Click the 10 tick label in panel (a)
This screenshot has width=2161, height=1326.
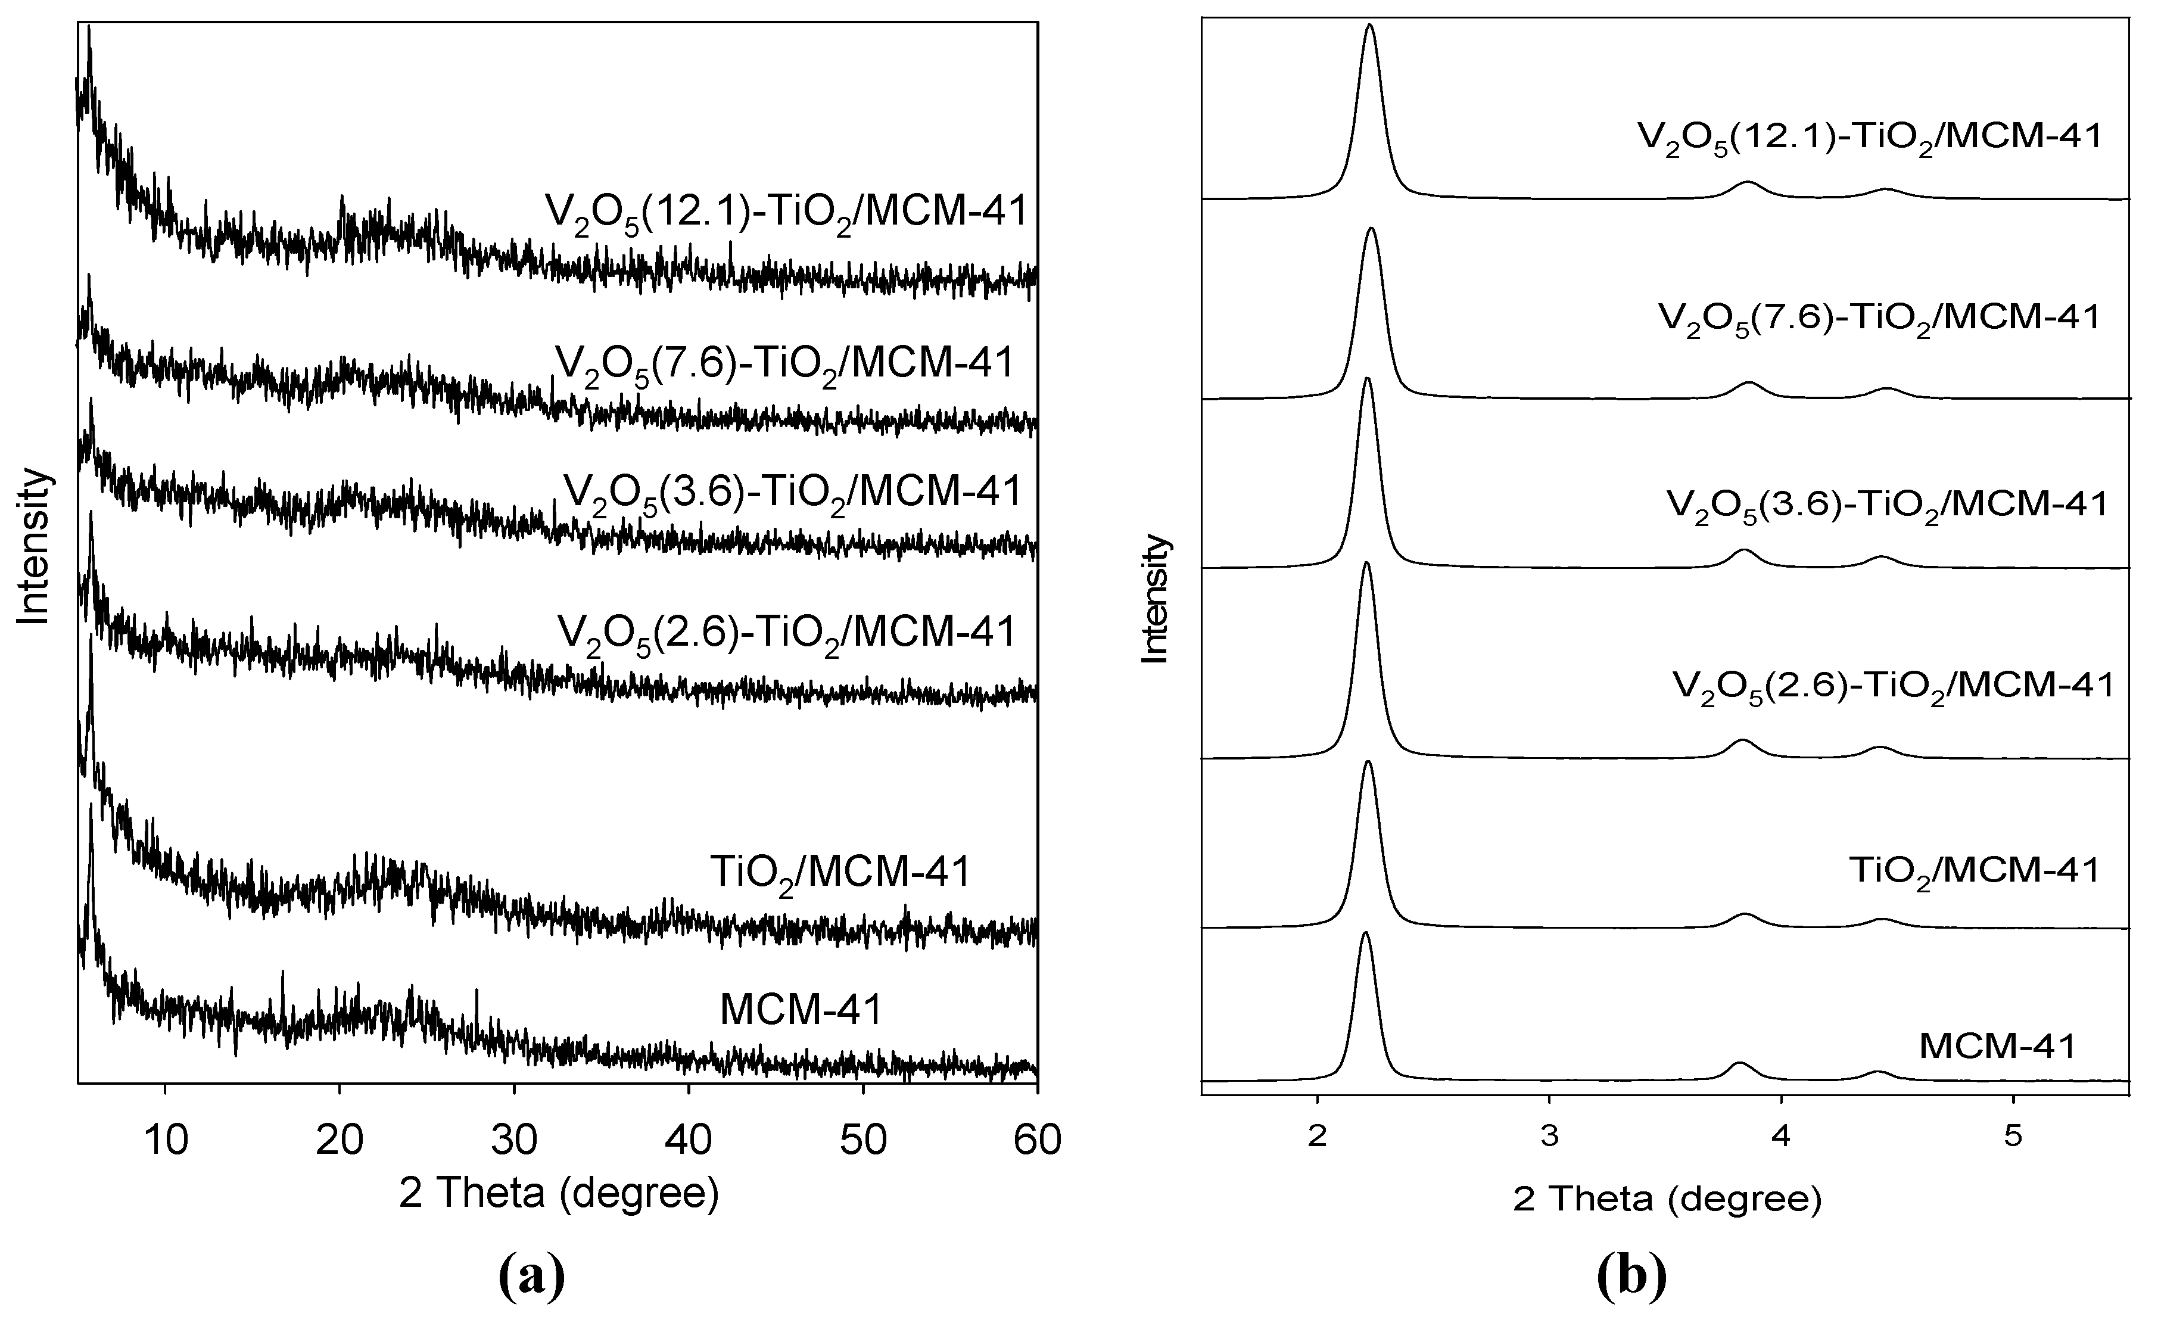coord(166,1140)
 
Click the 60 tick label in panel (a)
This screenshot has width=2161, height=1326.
coord(1036,1140)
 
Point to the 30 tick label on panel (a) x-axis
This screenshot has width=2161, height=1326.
coord(515,1140)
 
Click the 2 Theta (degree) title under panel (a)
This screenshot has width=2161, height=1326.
coord(559,1194)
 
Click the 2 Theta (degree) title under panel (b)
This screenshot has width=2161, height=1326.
coord(1667,1199)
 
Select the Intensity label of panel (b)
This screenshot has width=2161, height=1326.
coord(1156,599)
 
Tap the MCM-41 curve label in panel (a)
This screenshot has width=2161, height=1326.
coord(800,1010)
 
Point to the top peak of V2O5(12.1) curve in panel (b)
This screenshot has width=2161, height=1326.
coord(1370,26)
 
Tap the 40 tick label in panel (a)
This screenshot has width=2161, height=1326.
coord(689,1140)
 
